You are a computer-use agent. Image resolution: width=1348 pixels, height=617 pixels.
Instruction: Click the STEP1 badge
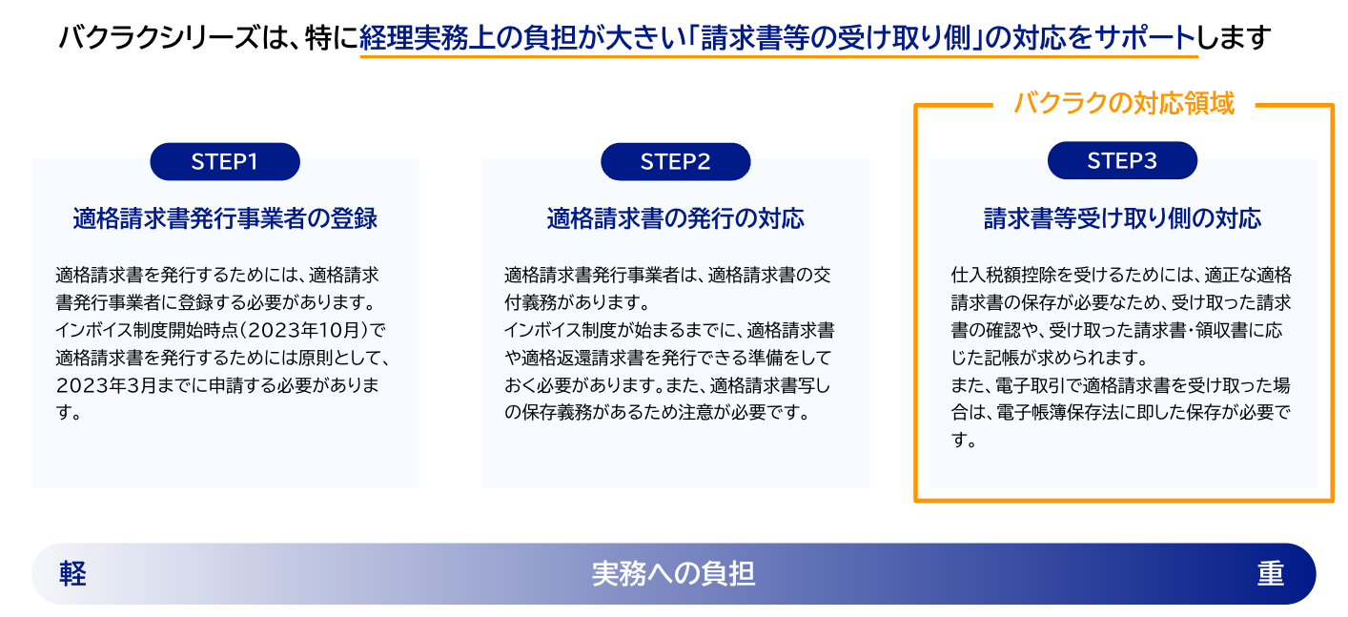pyautogui.click(x=225, y=161)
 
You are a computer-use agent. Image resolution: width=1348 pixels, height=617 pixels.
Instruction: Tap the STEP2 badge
pyautogui.click(x=675, y=161)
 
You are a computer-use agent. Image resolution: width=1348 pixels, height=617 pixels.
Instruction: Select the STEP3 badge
pyautogui.click(x=1122, y=161)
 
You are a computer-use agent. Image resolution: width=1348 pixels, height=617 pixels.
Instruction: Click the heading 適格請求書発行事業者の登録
pyautogui.click(x=225, y=218)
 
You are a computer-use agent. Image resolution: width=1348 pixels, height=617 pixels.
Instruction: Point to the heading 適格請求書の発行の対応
pyautogui.click(x=675, y=218)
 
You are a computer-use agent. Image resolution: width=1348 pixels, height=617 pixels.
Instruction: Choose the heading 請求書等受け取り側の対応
pyautogui.click(x=1122, y=218)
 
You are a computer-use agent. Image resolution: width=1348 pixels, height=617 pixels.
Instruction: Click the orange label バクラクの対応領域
pyautogui.click(x=1123, y=104)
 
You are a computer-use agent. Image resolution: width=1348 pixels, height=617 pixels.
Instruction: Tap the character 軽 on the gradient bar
pyautogui.click(x=72, y=573)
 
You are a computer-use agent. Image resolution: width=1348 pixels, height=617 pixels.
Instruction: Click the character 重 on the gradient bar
pyautogui.click(x=1270, y=573)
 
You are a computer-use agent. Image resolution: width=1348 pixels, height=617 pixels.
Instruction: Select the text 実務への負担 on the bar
pyautogui.click(x=673, y=573)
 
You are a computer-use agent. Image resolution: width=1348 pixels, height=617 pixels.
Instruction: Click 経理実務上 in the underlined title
pyautogui.click(x=417, y=38)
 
